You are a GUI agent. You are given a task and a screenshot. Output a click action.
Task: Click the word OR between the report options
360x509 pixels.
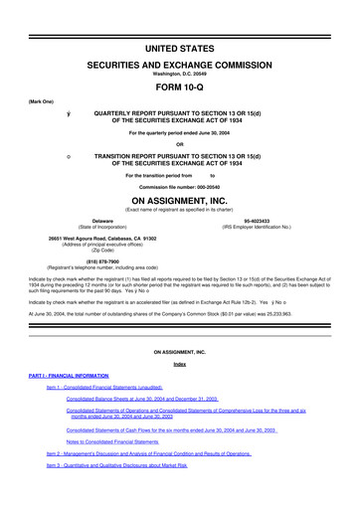(179, 145)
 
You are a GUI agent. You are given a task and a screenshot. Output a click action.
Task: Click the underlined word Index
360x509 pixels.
(179, 364)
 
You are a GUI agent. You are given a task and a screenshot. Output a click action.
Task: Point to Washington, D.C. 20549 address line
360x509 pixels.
(179, 73)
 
